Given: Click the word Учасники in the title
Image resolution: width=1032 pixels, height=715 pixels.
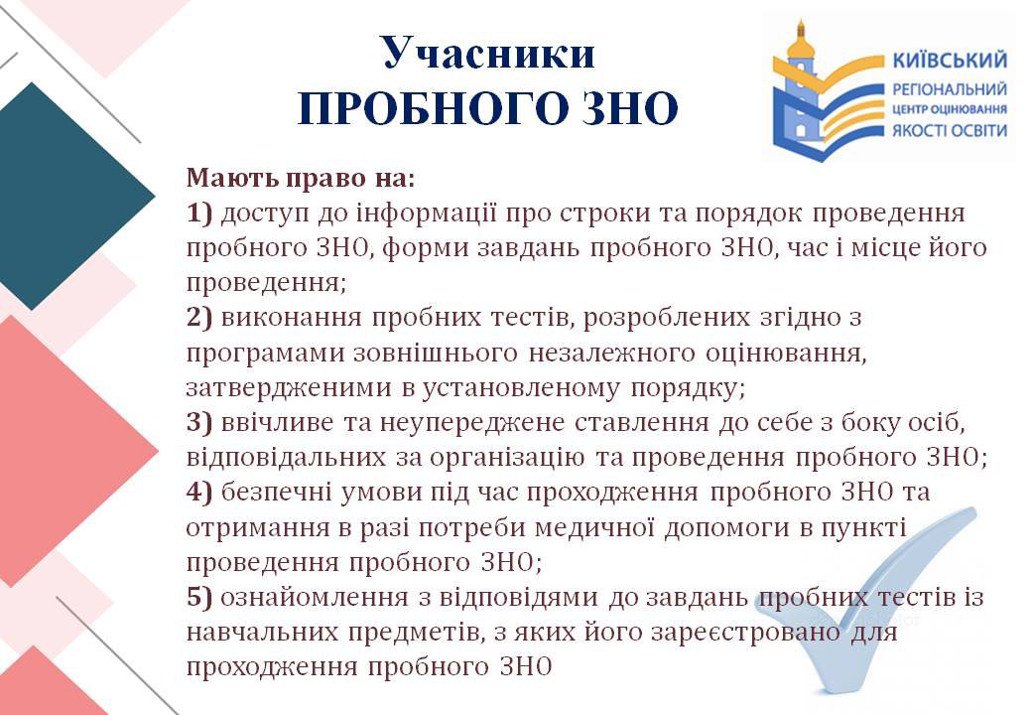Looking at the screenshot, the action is tap(488, 53).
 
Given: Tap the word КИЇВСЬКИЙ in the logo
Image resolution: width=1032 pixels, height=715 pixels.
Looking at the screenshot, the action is tap(950, 61).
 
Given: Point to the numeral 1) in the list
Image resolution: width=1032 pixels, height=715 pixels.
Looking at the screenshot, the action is tap(199, 214).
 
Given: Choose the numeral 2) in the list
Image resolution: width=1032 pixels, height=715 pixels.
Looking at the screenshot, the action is tap(199, 318).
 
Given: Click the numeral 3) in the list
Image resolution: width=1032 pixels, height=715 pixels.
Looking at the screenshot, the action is tap(199, 422).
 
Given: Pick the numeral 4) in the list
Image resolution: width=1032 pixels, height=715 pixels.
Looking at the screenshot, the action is tap(199, 492).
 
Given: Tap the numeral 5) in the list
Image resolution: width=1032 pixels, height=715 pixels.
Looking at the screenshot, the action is tap(199, 597).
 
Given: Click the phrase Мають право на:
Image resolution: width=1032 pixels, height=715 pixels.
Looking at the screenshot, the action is tap(301, 179).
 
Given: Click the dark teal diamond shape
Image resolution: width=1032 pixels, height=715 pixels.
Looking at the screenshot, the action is tap(71, 196).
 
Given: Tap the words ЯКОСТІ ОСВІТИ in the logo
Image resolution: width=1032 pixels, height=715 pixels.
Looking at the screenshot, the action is tap(950, 130).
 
